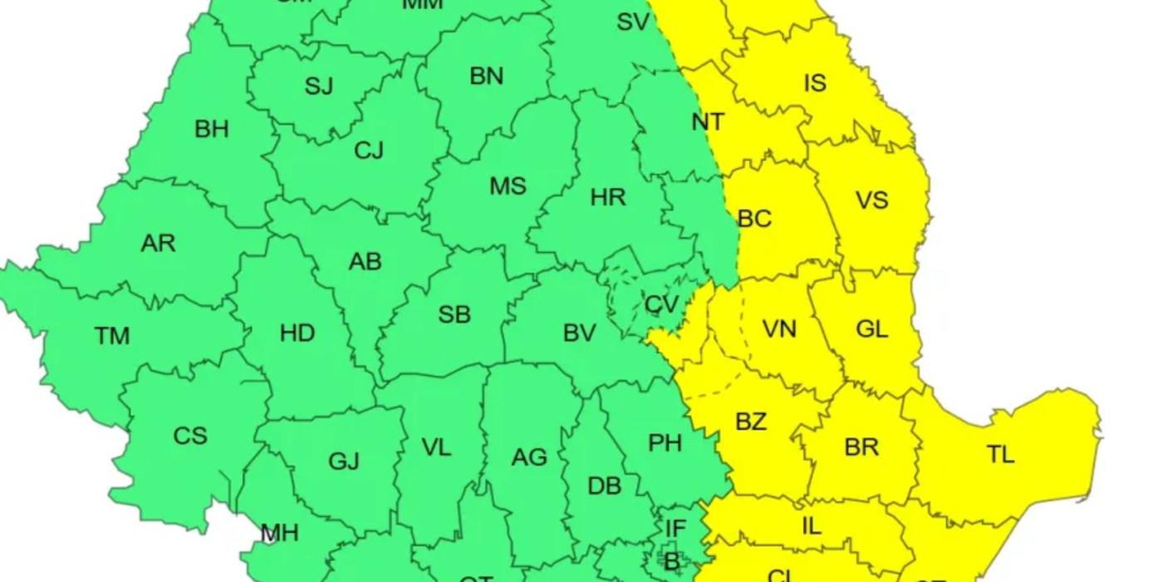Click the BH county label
[x=211, y=130]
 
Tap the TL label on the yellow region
[x=1000, y=455]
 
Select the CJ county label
[x=369, y=150]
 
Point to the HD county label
[x=297, y=333]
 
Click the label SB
[x=454, y=314]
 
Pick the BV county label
[x=579, y=333]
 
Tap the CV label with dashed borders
[x=661, y=305]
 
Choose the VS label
[x=871, y=200]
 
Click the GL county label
[x=871, y=329]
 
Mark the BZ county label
[x=751, y=422]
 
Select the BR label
[x=861, y=446]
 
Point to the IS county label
[x=815, y=83]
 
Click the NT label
[x=708, y=122]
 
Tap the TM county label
[x=112, y=336]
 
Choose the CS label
[x=190, y=436]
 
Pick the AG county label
[x=529, y=457]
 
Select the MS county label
[x=508, y=185]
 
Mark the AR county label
[x=158, y=244]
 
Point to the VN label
[x=779, y=329]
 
